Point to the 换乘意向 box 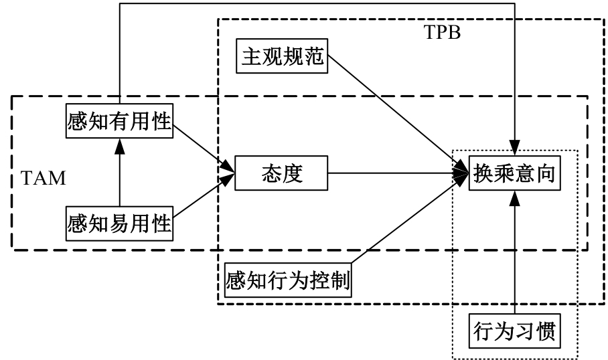pos(514,174)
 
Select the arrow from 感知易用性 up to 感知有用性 pos(119,174)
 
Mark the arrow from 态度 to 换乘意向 pos(395,175)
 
